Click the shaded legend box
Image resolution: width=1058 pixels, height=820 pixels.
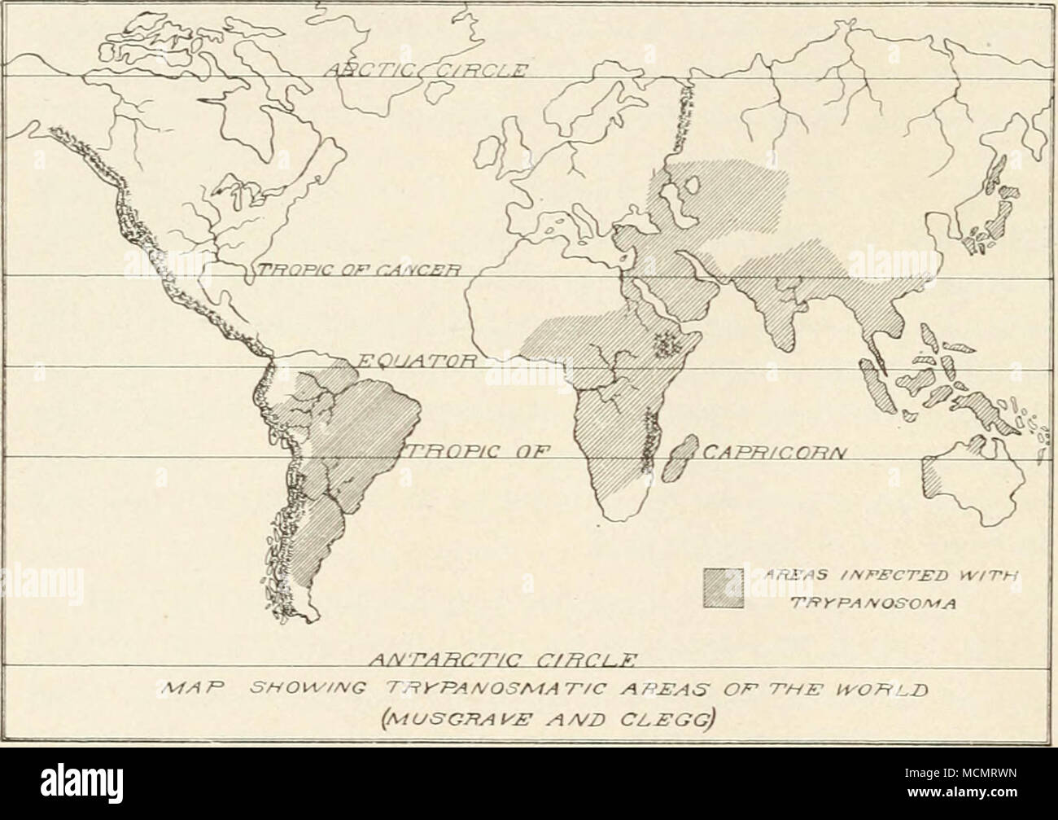(x=724, y=588)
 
